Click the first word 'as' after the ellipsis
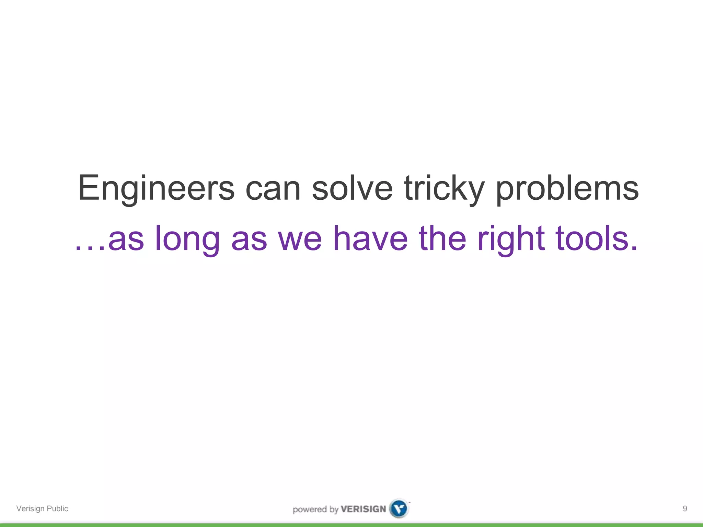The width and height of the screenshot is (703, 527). (x=126, y=240)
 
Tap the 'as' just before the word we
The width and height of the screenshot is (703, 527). (x=249, y=240)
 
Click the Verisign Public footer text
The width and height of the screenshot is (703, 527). (x=42, y=508)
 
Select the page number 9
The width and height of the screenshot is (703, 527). (x=685, y=508)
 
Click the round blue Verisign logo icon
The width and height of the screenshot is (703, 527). (x=399, y=508)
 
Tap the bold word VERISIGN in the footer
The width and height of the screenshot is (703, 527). (x=363, y=509)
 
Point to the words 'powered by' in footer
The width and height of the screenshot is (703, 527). (x=315, y=510)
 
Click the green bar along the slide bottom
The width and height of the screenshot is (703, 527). (x=351, y=525)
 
